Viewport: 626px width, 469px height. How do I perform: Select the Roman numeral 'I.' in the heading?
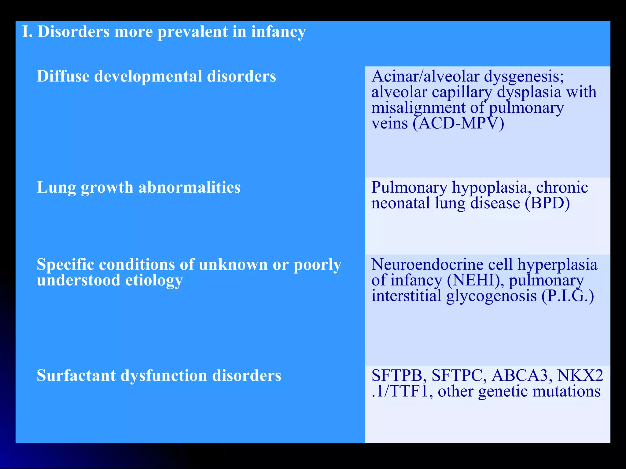[27, 32]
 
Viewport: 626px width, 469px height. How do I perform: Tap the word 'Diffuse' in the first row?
[63, 76]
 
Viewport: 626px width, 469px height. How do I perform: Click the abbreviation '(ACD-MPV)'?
[458, 123]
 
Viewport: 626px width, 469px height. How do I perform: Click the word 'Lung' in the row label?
[56, 187]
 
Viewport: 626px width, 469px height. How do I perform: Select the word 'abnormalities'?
[190, 187]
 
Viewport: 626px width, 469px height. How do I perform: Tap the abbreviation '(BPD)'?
[547, 203]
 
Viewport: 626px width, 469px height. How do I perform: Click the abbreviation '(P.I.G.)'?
[568, 296]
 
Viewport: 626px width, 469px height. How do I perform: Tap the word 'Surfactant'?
[76, 376]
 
